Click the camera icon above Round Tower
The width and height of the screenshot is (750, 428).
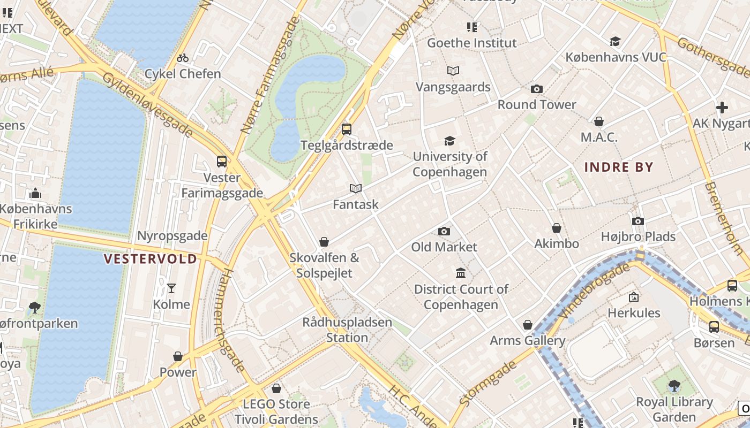(536, 89)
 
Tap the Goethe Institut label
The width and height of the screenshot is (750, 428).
(471, 43)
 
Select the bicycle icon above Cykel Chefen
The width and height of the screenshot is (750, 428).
(183, 58)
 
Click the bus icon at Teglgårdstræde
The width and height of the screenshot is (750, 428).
(347, 129)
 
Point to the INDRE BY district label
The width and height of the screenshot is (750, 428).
(619, 167)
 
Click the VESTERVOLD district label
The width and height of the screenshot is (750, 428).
(151, 259)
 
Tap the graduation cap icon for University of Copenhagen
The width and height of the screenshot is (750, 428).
(449, 141)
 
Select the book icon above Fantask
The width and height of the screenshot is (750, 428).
(356, 188)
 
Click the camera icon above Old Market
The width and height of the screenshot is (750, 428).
(444, 231)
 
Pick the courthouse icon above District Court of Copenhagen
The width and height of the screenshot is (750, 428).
(460, 273)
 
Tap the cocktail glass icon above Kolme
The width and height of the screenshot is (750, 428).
(171, 288)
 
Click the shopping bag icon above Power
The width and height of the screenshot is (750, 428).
(178, 356)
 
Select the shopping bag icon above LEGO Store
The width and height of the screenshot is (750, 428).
(276, 388)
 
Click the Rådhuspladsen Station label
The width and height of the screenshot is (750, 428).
(347, 330)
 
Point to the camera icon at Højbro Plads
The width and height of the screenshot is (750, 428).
(637, 221)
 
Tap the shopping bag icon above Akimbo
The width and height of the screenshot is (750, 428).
(557, 228)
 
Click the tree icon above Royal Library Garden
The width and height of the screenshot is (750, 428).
(674, 386)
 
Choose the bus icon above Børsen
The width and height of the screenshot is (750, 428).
(714, 326)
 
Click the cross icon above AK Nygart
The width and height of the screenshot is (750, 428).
(722, 108)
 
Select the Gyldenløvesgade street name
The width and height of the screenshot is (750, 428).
(147, 104)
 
